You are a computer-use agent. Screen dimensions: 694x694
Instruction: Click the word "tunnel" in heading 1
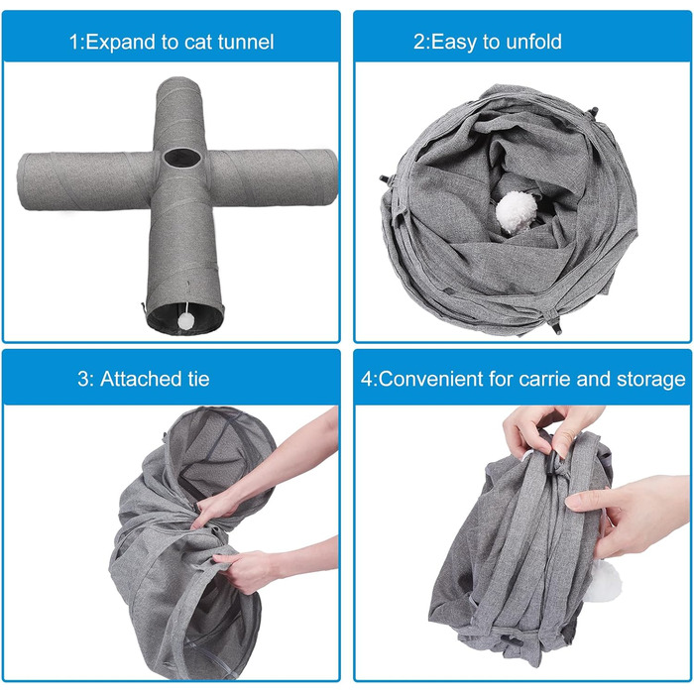pyautogui.click(x=246, y=42)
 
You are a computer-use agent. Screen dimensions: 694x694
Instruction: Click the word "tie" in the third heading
pyautogui.click(x=198, y=379)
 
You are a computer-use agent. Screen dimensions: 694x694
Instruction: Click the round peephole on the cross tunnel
pyautogui.click(x=181, y=158)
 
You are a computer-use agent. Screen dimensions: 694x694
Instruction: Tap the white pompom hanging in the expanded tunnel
pyautogui.click(x=186, y=320)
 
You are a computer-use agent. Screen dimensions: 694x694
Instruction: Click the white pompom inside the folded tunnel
pyautogui.click(x=516, y=211)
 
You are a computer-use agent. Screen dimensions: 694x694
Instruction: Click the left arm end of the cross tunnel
pyautogui.click(x=22, y=181)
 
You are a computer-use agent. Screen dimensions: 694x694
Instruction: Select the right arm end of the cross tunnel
pyautogui.click(x=332, y=177)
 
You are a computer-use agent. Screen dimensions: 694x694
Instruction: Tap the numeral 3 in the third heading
pyautogui.click(x=82, y=380)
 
